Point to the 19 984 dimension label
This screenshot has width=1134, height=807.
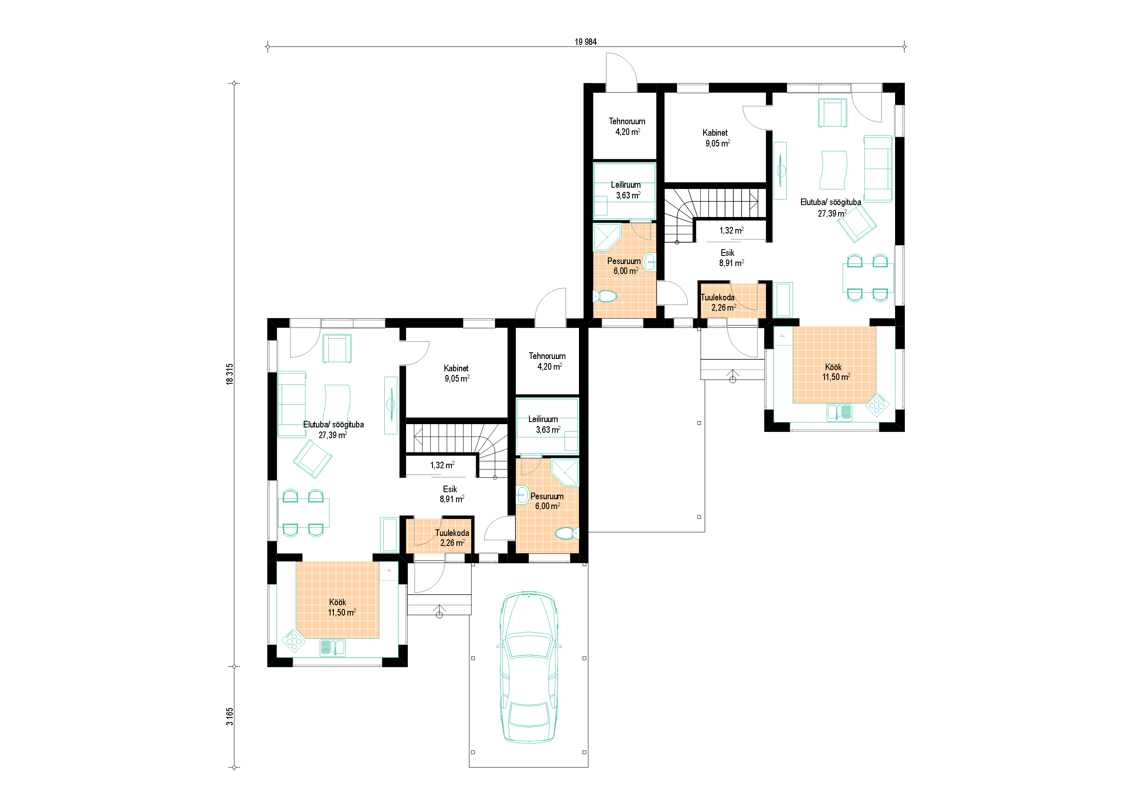click(x=586, y=42)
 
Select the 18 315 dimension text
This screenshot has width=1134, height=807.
click(x=229, y=374)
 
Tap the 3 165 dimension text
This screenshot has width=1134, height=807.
click(x=229, y=716)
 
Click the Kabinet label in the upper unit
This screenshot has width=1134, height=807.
click(x=715, y=133)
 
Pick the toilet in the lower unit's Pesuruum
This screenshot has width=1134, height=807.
click(x=567, y=534)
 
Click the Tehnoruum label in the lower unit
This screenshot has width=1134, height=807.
click(x=547, y=356)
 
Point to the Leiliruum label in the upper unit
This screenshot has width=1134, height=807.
click(x=626, y=185)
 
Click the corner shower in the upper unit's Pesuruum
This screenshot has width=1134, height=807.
click(x=607, y=238)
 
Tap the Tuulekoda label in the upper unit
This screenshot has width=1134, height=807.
click(x=717, y=297)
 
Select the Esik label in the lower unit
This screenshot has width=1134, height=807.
click(x=450, y=489)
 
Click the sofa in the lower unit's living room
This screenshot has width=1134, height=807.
click(x=292, y=404)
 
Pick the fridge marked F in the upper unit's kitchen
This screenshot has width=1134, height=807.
click(x=783, y=336)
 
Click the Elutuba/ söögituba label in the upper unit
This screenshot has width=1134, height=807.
click(x=830, y=202)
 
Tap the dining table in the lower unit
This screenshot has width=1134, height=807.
click(x=303, y=513)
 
